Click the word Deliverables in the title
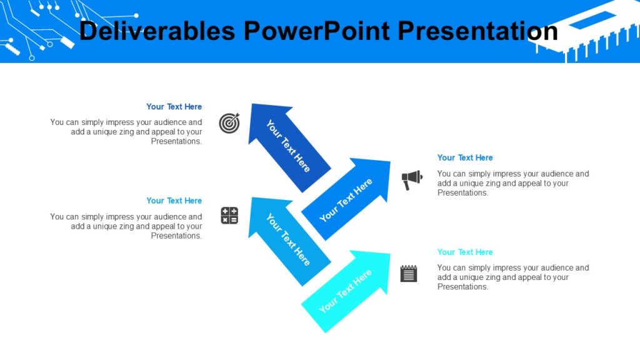[x=157, y=31]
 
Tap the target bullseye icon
[x=229, y=123]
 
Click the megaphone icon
[x=411, y=180]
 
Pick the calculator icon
[x=229, y=216]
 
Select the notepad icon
[x=409, y=273]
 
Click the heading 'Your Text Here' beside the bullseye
[x=174, y=107]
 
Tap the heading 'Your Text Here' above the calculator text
[x=174, y=201]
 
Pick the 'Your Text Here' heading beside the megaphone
[x=465, y=157]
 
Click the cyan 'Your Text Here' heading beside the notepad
[x=465, y=252]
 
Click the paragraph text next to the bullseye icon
[x=127, y=132]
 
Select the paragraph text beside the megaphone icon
[x=512, y=183]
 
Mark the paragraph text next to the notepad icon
[x=512, y=277]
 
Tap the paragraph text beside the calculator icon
[x=127, y=226]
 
